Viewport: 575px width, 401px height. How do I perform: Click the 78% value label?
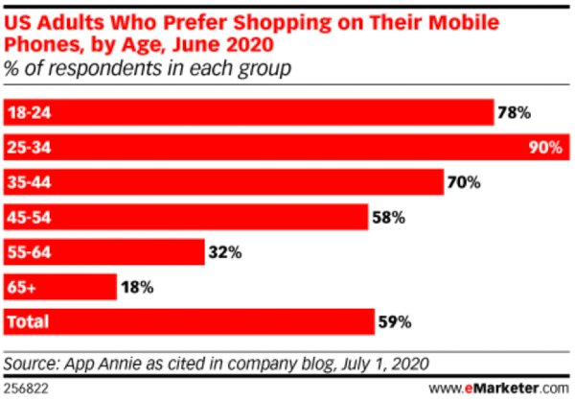(x=514, y=112)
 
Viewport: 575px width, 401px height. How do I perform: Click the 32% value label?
(x=224, y=252)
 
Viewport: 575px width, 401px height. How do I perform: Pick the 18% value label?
(x=137, y=287)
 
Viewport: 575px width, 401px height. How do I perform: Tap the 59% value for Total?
(x=394, y=322)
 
